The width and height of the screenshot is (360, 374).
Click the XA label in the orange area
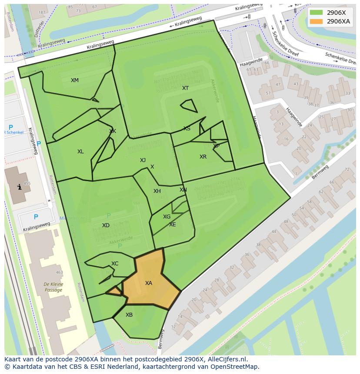(149, 283)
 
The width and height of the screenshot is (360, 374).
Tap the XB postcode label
(129, 315)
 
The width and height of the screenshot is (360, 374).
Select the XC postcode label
(115, 264)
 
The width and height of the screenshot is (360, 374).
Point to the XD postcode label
(106, 225)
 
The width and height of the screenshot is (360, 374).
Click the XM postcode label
(75, 80)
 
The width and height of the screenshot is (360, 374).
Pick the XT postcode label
(186, 88)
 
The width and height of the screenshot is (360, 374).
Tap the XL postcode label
(80, 152)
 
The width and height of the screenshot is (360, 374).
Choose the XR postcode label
(203, 157)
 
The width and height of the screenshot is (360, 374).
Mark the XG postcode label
(167, 217)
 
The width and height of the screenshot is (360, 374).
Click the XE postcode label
(173, 225)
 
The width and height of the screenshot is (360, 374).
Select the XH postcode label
(157, 191)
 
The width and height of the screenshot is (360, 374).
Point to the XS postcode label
(187, 129)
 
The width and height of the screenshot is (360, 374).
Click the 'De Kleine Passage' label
(53, 288)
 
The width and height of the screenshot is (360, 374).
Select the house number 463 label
(59, 273)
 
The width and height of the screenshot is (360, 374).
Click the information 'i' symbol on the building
(19, 187)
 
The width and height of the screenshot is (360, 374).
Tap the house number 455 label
(27, 183)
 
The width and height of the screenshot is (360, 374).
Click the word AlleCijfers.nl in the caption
(227, 359)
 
